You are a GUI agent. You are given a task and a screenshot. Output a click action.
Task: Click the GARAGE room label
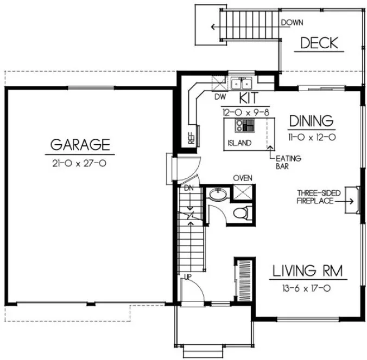pyautogui.click(x=80, y=145)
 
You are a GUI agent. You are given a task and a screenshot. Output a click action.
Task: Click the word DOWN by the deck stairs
pyautogui.click(x=292, y=23)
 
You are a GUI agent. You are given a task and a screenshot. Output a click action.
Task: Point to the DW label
pyautogui.click(x=220, y=97)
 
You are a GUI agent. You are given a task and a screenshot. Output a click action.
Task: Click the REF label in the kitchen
pyautogui.click(x=192, y=138)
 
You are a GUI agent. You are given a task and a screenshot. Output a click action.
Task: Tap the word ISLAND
pyautogui.click(x=239, y=143)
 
